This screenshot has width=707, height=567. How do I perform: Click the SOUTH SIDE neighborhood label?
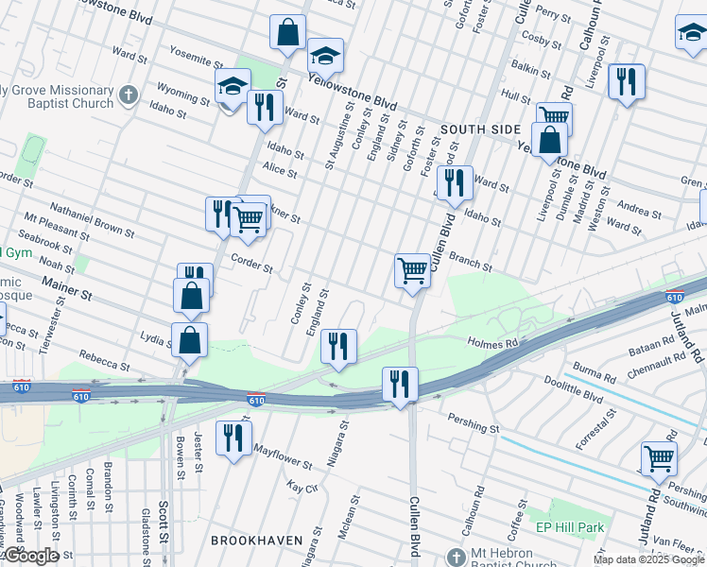click(479, 129)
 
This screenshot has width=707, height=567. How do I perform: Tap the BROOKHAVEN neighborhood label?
click(256, 541)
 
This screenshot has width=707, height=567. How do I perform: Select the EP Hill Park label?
click(570, 526)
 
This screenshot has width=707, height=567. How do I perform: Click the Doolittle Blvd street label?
click(572, 387)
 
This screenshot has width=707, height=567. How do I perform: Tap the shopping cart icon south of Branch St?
click(412, 270)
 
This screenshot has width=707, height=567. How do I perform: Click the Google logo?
click(30, 557)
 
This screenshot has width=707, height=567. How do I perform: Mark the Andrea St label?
click(640, 207)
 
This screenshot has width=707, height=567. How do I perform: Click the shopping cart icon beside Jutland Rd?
click(659, 458)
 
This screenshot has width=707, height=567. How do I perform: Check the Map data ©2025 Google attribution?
click(648, 559)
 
